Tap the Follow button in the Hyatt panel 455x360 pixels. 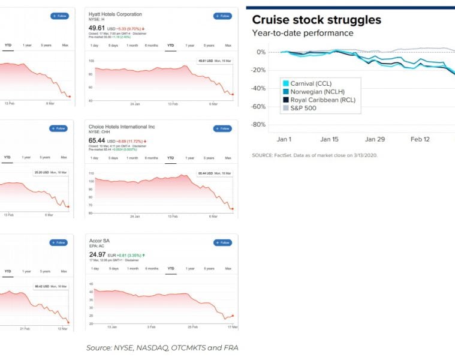222,16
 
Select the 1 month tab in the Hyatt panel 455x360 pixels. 132,45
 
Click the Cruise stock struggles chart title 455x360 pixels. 316,20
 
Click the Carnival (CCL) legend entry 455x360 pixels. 306,83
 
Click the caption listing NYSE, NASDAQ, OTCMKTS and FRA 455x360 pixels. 162,347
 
